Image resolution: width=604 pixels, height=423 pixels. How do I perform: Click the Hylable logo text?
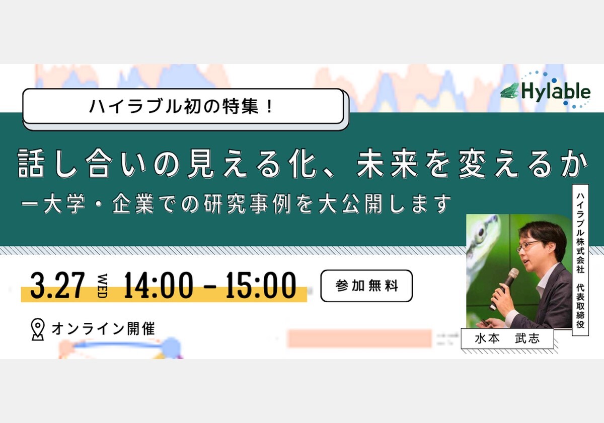click(x=556, y=92)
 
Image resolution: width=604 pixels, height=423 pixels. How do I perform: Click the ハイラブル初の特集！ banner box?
click(x=183, y=106)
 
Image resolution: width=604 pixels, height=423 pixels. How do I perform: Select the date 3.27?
click(x=58, y=286)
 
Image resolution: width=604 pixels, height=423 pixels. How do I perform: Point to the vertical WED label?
click(x=103, y=286)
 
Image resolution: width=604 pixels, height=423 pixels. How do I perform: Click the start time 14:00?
click(x=158, y=286)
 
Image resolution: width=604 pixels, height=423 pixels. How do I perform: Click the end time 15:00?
click(x=261, y=286)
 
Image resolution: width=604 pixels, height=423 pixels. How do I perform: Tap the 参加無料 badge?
click(x=366, y=286)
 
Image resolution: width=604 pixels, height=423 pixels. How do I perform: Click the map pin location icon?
click(x=37, y=329)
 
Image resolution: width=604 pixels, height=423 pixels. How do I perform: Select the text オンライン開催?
click(x=103, y=329)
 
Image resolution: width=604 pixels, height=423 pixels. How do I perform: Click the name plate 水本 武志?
click(x=507, y=338)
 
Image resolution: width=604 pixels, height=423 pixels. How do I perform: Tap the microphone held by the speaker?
click(x=504, y=289)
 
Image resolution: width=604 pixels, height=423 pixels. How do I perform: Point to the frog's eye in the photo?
click(x=481, y=232)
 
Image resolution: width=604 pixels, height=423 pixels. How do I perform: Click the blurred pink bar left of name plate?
click(x=360, y=338)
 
